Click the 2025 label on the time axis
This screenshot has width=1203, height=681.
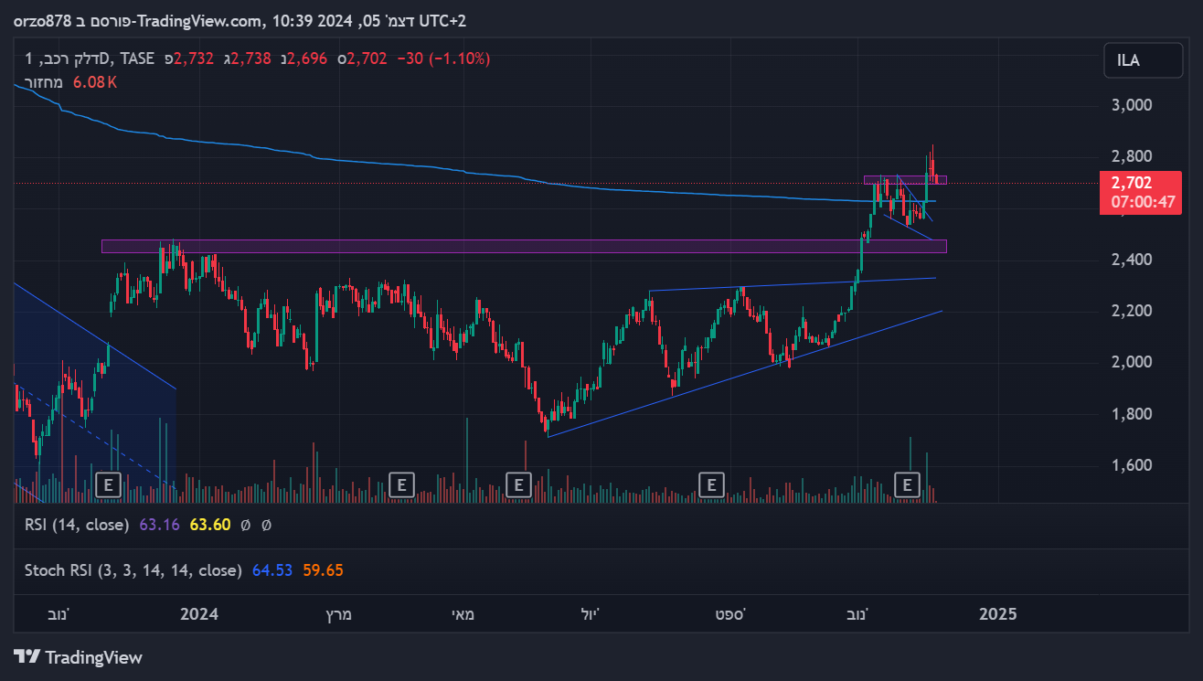(x=997, y=613)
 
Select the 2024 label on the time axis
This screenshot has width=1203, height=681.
(x=198, y=613)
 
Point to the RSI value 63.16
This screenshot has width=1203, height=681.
(x=154, y=526)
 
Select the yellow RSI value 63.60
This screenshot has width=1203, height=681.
(x=209, y=526)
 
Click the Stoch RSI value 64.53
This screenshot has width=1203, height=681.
(x=272, y=570)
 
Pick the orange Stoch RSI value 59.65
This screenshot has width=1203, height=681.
(x=323, y=570)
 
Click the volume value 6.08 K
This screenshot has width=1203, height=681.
(x=95, y=82)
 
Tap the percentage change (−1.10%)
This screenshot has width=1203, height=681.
(x=461, y=59)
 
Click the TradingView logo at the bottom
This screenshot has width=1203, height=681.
(x=79, y=657)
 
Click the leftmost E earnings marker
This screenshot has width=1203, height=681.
(x=109, y=484)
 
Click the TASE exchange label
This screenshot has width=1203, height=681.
(x=137, y=59)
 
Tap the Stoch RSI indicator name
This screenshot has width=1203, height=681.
(x=133, y=570)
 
